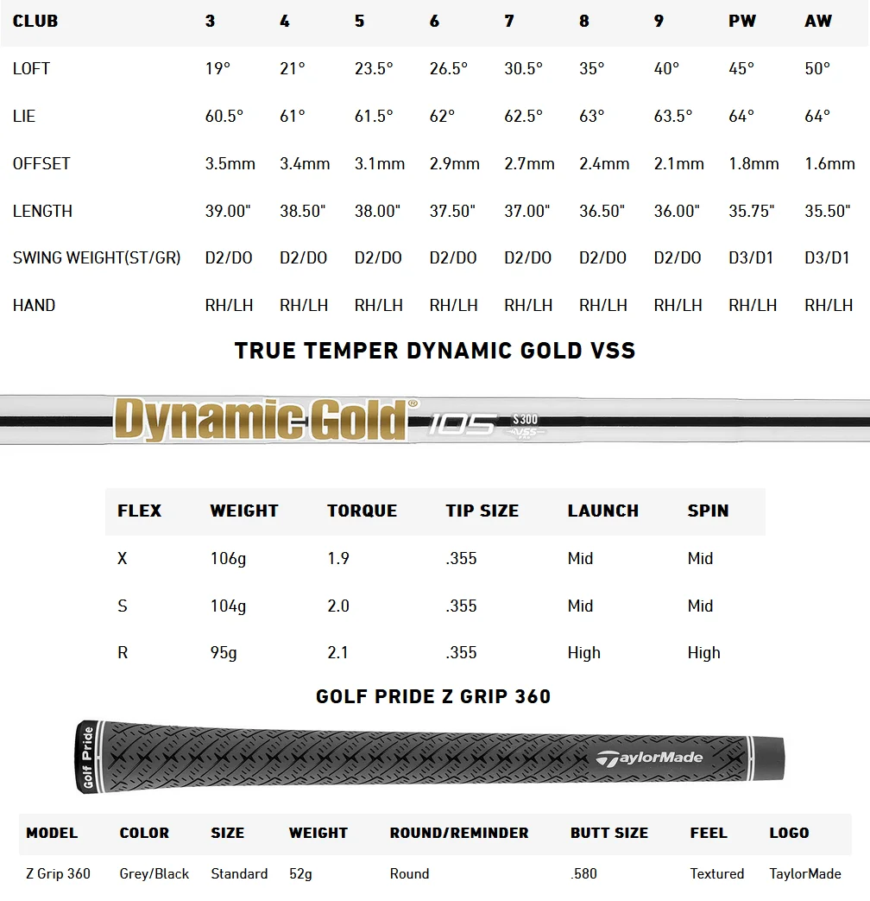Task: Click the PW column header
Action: point(741,22)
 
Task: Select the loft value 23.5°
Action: point(374,69)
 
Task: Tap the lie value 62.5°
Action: point(523,116)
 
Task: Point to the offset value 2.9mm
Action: point(454,163)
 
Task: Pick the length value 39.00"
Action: point(228,211)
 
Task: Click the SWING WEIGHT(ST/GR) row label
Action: point(97,257)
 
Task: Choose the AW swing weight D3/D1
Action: point(827,257)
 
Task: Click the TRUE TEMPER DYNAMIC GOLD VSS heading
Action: point(435,351)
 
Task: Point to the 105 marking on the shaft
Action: point(463,424)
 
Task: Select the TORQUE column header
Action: point(362,511)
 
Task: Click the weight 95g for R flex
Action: point(224,653)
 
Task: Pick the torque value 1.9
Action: point(338,559)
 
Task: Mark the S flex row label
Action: point(123,606)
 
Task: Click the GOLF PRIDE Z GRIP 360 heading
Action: point(433,696)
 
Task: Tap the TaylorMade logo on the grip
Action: point(649,758)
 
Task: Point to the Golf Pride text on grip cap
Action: point(87,758)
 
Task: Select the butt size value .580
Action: point(583,873)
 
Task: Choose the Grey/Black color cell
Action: point(154,873)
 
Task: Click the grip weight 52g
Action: point(300,873)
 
